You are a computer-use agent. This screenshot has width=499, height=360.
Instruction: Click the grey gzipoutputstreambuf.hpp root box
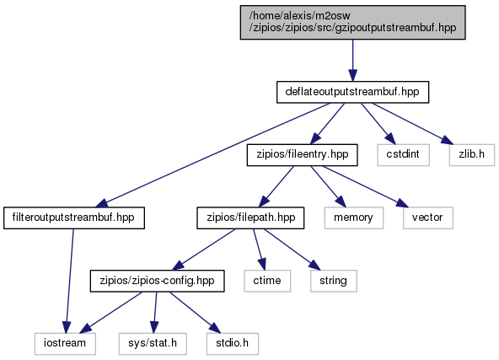pos(352,22)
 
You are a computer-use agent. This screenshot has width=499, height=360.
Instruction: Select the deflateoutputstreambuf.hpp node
pos(352,92)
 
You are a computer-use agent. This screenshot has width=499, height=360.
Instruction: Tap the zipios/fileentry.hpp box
pos(302,155)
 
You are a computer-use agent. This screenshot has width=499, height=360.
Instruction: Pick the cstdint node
pos(403,155)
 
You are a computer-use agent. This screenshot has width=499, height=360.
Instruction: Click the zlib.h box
pos(472,155)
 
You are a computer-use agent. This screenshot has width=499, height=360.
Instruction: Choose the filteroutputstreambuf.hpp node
pos(74,218)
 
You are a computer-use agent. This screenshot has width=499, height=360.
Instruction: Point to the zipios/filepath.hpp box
pos(250,218)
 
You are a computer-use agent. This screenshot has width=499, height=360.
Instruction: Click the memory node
pos(353,218)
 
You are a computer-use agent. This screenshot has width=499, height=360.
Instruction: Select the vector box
pos(427,218)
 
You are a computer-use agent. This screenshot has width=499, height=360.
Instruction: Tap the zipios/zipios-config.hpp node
pos(158,281)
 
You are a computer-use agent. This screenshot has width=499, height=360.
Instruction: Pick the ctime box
pos(267,281)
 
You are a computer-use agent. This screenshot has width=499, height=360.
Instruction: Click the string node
pos(334,281)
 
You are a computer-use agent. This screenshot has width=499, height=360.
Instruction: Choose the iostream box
pos(65,344)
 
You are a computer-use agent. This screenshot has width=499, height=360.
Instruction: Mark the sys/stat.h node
pos(153,344)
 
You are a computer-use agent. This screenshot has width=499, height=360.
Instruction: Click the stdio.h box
pos(233,344)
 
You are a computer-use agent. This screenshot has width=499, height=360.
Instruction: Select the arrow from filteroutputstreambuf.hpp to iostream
pos(70,281)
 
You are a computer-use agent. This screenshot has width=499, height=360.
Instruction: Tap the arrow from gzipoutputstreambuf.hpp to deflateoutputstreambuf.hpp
pos(352,61)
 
